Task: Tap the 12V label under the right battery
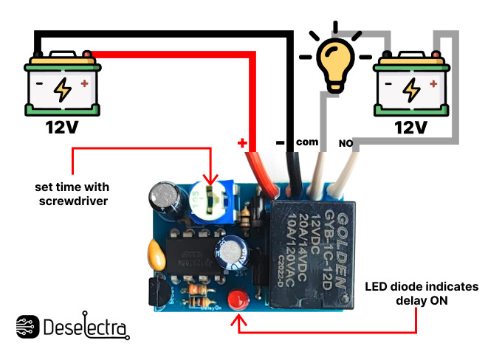(410, 128)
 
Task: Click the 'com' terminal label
(306, 142)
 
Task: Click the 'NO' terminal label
(345, 142)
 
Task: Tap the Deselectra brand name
(86, 328)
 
